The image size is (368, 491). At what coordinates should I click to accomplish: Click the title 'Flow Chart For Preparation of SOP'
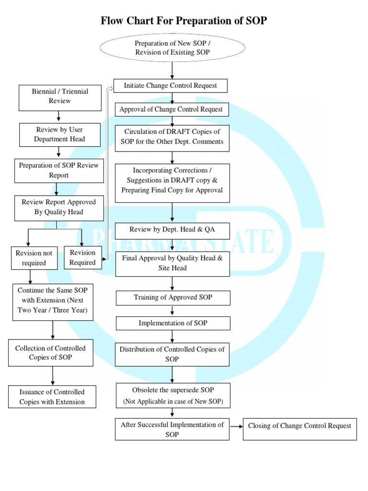[184, 21]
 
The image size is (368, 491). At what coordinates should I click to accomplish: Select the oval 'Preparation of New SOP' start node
[172, 48]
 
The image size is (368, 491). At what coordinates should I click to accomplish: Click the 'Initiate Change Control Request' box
[170, 86]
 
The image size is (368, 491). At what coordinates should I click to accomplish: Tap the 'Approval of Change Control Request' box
[171, 109]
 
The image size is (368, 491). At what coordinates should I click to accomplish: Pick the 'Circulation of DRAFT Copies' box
[172, 137]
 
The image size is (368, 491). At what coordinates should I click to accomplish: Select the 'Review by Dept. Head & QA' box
[172, 230]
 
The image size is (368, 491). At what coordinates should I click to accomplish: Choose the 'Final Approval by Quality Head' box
[172, 263]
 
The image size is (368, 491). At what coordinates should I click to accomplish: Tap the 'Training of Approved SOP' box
[172, 298]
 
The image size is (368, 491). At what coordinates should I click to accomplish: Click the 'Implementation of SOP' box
[172, 323]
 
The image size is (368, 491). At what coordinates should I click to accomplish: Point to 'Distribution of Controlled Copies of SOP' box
[172, 354]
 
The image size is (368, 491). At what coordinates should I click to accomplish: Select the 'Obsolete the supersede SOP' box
[172, 396]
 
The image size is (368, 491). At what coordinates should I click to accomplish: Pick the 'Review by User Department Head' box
[60, 135]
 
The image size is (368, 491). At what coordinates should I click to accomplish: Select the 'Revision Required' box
[82, 257]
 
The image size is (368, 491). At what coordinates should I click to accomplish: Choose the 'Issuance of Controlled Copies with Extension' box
[52, 397]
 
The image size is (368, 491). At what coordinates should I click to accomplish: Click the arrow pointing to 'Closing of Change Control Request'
[236, 426]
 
